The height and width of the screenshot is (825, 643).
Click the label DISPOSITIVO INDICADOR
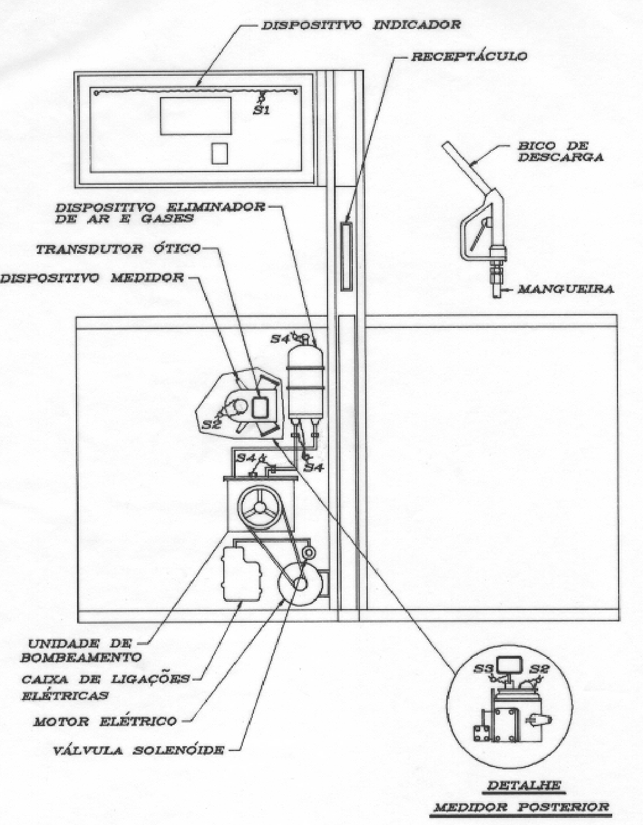pos(361,25)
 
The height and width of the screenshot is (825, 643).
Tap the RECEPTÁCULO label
pos(469,57)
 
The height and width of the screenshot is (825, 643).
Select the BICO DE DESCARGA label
pos(560,152)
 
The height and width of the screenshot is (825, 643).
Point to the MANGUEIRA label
pos(566,289)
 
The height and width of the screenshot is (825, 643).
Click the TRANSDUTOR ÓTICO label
pos(118,249)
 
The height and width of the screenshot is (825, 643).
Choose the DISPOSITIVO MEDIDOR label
pos(92,278)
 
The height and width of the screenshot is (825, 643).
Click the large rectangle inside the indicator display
pos(195,116)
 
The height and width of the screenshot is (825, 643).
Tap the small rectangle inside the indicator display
pos(220,153)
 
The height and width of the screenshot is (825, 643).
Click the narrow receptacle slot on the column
pos(346,256)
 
